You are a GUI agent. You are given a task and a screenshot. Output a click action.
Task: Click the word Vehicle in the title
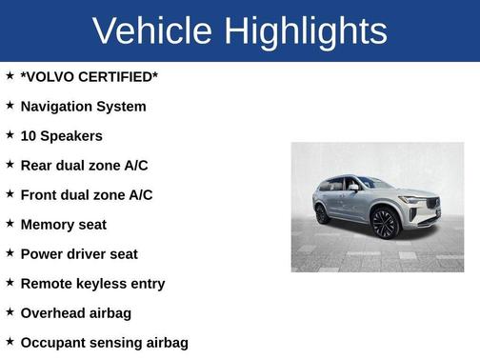(152, 30)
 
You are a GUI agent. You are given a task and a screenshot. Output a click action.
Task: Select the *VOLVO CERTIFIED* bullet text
(90, 76)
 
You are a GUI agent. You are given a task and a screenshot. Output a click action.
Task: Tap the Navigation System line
(84, 106)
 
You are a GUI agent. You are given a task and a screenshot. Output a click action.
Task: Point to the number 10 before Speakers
(29, 135)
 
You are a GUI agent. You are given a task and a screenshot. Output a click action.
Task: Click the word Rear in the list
(37, 165)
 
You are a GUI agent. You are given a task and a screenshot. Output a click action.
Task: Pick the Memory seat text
(64, 224)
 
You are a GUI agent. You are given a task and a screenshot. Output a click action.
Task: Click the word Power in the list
(42, 253)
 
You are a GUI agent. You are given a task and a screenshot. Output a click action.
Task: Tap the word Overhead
(56, 312)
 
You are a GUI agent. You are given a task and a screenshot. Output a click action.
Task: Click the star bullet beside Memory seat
(10, 223)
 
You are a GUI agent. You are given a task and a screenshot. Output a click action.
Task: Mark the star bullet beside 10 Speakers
(10, 134)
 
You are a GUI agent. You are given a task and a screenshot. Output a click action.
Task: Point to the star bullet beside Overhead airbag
(10, 311)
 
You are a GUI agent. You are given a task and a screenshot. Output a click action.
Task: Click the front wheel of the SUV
(385, 224)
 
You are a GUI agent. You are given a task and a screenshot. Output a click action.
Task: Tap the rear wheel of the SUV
(323, 213)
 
